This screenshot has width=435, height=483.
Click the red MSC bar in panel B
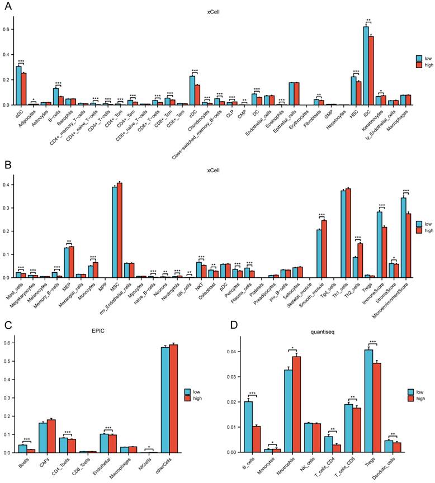[x=120, y=230]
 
